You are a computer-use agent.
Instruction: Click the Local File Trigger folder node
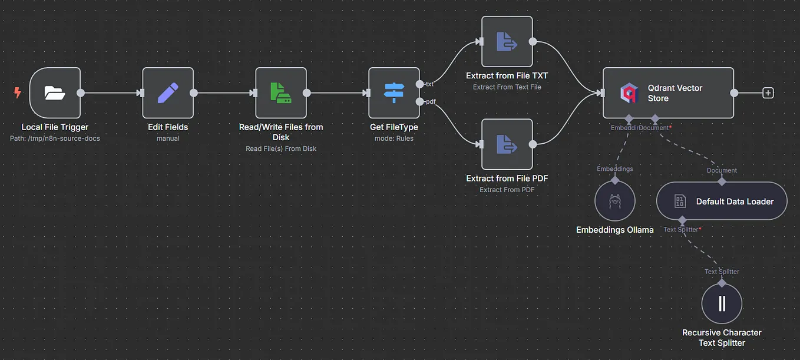(55, 93)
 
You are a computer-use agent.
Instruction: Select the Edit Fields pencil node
(168, 93)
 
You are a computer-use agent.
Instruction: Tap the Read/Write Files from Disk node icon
(281, 93)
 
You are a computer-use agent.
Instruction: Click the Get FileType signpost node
(394, 93)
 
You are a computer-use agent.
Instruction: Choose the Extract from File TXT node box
(507, 41)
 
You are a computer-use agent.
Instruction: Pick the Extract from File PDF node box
(507, 144)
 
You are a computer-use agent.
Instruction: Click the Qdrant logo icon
(629, 93)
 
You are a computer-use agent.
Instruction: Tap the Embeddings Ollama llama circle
(614, 201)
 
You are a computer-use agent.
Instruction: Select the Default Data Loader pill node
(722, 201)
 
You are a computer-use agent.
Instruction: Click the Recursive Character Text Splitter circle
(722, 303)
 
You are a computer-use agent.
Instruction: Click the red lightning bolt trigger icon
(17, 93)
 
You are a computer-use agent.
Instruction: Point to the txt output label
(429, 84)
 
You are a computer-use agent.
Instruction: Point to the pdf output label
(431, 101)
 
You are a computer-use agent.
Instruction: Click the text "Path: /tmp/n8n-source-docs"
(55, 138)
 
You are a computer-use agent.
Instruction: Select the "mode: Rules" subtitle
(394, 138)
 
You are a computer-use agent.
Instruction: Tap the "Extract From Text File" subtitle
(507, 87)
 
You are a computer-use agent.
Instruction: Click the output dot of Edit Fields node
(194, 93)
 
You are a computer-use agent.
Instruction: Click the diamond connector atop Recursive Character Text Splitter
(722, 283)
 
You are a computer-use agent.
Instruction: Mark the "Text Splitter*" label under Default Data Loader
(682, 229)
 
